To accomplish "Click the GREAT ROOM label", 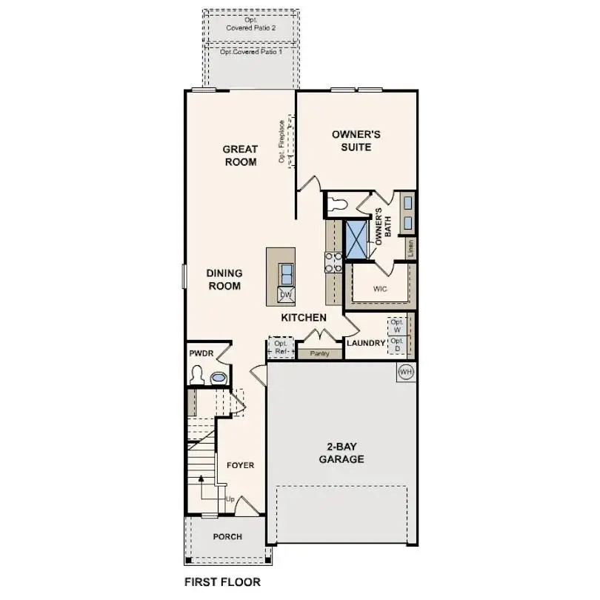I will [240, 156].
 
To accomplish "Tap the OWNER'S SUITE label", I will [356, 141].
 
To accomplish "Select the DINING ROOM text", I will [224, 279].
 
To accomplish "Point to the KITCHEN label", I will [304, 318].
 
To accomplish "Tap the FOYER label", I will [240, 465].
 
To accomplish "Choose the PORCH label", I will [227, 537].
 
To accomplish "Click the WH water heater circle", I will [405, 370].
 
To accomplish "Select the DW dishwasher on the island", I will [286, 295].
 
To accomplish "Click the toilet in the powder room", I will [196, 378].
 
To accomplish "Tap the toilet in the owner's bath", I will [337, 202].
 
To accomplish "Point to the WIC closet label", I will [380, 288].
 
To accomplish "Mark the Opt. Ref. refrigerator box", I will [281, 347].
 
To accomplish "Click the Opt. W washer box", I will [397, 325].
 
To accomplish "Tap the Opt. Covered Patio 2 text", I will [250, 24].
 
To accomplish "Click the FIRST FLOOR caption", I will [222, 581].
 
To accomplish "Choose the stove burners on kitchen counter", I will [333, 261].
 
